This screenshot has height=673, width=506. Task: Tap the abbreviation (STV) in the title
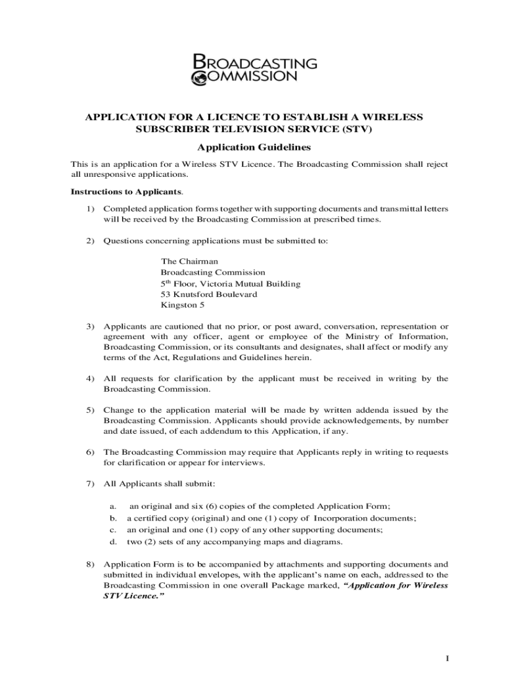tap(356, 129)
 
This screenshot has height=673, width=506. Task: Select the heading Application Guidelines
tap(253, 147)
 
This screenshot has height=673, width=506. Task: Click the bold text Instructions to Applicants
tap(126, 192)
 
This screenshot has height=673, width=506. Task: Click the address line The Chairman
tap(189, 261)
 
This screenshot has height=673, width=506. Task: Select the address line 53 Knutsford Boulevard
tap(209, 294)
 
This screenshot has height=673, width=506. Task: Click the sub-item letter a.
tap(113, 505)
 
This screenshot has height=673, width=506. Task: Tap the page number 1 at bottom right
tap(446, 659)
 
